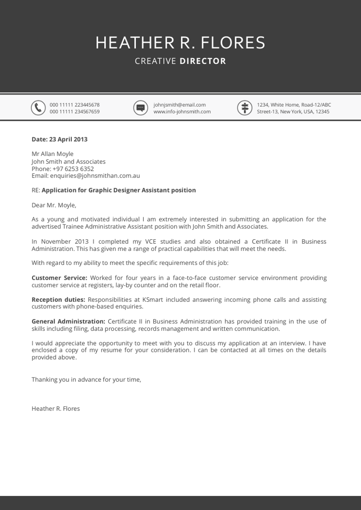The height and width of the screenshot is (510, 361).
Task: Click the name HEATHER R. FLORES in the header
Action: [x=180, y=43]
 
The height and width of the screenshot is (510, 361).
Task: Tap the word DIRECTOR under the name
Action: [x=203, y=61]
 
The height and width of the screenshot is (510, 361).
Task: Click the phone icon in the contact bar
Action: [x=38, y=108]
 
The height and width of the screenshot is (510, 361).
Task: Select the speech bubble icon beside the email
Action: [x=140, y=108]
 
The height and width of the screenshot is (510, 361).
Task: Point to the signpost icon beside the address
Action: [x=244, y=108]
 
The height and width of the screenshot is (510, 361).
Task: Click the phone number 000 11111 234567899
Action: [x=74, y=112]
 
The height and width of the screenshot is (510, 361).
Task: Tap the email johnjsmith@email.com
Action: [x=179, y=105]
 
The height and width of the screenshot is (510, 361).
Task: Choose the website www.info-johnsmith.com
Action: [x=182, y=112]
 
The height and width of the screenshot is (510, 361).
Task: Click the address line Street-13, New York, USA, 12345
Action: [x=293, y=112]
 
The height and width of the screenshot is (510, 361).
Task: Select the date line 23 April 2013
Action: [x=60, y=139]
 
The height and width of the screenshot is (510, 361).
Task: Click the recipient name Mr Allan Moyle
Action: [x=52, y=154]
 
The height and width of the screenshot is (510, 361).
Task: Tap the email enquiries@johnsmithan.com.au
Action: [x=95, y=176]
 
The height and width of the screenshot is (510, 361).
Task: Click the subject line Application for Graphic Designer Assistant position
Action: [x=119, y=190]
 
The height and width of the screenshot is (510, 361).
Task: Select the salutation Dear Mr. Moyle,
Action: [x=54, y=205]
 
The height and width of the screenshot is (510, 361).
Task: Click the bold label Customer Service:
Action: [x=60, y=278]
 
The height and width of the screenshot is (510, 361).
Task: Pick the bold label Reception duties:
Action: [x=58, y=300]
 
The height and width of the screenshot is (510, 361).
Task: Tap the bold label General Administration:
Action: [x=68, y=322]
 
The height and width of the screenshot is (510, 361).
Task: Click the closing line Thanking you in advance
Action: [x=86, y=380]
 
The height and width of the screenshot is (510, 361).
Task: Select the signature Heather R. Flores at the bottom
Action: [x=56, y=409]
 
